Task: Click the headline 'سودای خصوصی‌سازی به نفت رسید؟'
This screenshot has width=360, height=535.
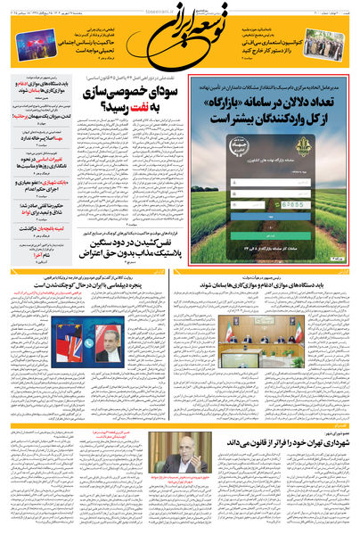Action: pos(146,99)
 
